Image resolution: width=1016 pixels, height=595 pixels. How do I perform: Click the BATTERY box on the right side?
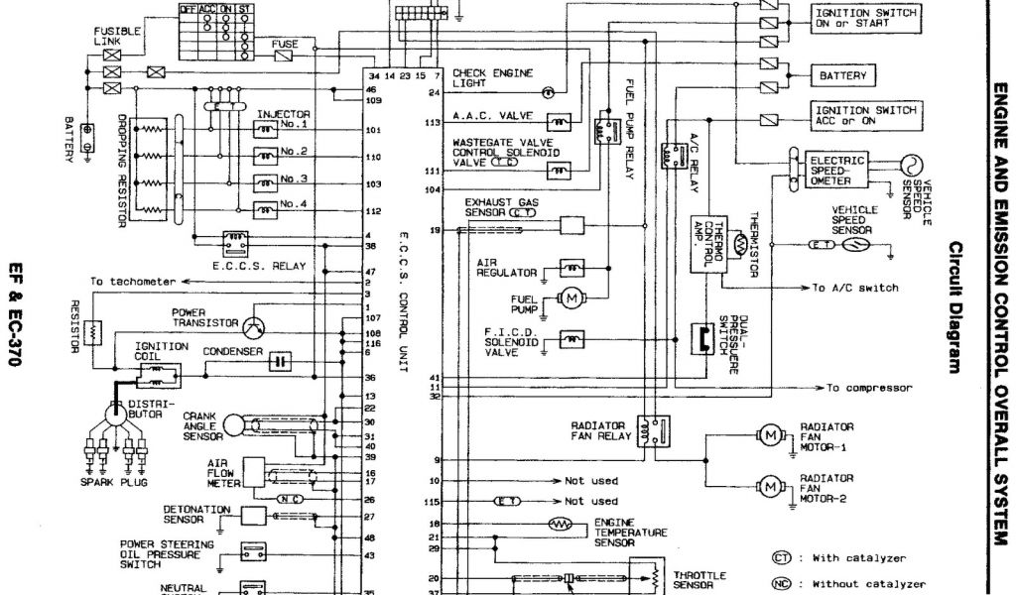(x=843, y=75)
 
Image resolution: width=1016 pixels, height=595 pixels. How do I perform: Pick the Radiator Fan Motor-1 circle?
(x=770, y=433)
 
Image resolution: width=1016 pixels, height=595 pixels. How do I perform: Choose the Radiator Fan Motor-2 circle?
(x=770, y=485)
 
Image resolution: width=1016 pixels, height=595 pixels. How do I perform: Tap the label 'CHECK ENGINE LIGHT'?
(x=492, y=78)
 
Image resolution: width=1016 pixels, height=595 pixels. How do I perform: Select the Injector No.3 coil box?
(x=265, y=182)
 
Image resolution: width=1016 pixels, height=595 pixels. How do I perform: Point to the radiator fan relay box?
(x=653, y=430)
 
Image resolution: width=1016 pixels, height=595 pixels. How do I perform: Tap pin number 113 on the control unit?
(x=433, y=123)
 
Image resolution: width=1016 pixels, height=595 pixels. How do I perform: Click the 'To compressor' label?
(x=869, y=388)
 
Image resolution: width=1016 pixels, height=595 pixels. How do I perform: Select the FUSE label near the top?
(x=285, y=45)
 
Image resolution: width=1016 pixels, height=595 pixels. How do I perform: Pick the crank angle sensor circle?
(x=235, y=424)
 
